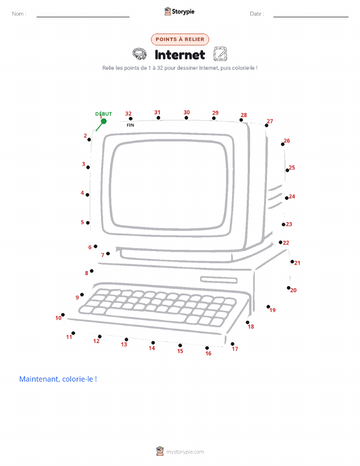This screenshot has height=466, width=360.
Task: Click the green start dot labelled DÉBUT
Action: pyautogui.click(x=104, y=121)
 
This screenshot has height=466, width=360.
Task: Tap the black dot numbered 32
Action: pyautogui.click(x=130, y=119)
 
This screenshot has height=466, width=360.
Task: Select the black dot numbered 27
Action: pyautogui.click(x=267, y=126)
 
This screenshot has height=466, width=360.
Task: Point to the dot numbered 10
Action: pyautogui.click(x=63, y=315)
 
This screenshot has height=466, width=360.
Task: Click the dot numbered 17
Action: pyautogui.click(x=233, y=344)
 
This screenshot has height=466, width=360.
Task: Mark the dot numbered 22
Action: pyautogui.click(x=280, y=242)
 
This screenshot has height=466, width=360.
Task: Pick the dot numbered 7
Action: pyautogui.click(x=108, y=254)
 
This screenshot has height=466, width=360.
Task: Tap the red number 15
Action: pyautogui.click(x=180, y=351)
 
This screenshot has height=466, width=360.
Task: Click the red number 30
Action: pyautogui.click(x=186, y=112)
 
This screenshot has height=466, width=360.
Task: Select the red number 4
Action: pyautogui.click(x=82, y=193)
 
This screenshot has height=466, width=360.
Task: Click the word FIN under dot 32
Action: pyautogui.click(x=130, y=125)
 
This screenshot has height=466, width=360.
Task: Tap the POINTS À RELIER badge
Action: pyautogui.click(x=180, y=39)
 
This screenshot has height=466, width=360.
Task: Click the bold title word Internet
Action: pyautogui.click(x=180, y=55)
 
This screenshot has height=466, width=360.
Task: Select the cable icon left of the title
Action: pyautogui.click(x=139, y=54)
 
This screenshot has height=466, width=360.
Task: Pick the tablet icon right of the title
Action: pyautogui.click(x=220, y=54)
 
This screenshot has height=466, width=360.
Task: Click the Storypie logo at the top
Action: pyautogui.click(x=179, y=12)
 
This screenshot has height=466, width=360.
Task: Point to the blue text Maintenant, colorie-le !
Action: pyautogui.click(x=58, y=379)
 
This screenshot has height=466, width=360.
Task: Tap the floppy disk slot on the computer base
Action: pyautogui.click(x=219, y=279)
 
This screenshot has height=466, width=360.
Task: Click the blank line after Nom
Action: pyautogui.click(x=83, y=17)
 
